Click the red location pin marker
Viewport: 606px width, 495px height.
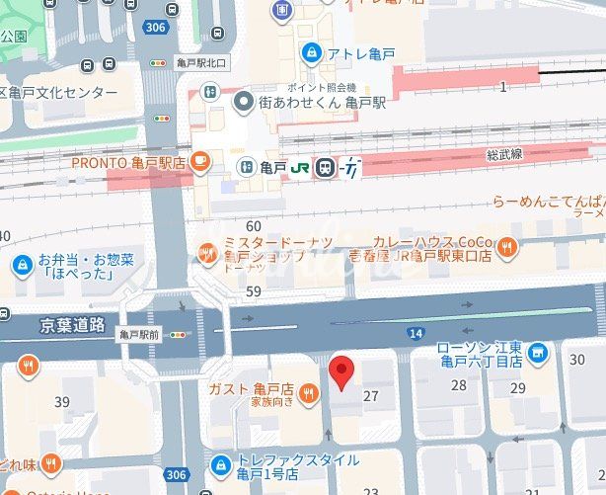point(341,373)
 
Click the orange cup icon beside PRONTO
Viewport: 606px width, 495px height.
point(200,160)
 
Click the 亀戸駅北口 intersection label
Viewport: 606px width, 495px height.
point(200,63)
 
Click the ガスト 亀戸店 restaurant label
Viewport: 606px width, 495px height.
point(252,388)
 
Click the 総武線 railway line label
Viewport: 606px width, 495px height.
point(503,155)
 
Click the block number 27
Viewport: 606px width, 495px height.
point(371,395)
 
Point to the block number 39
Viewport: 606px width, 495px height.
point(62,401)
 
